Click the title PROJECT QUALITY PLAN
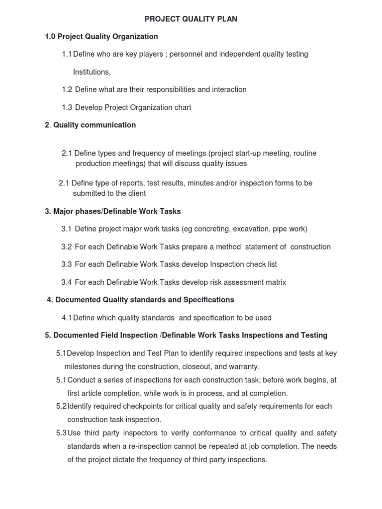[x=191, y=19]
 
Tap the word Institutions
[x=91, y=72]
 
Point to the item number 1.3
[x=67, y=107]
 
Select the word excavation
[x=243, y=229]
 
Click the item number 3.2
[x=67, y=247]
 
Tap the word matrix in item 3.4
[x=274, y=282]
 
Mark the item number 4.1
[x=67, y=318]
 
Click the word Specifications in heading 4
[x=209, y=300]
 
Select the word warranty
[x=242, y=367]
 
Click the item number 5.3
[x=61, y=433]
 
